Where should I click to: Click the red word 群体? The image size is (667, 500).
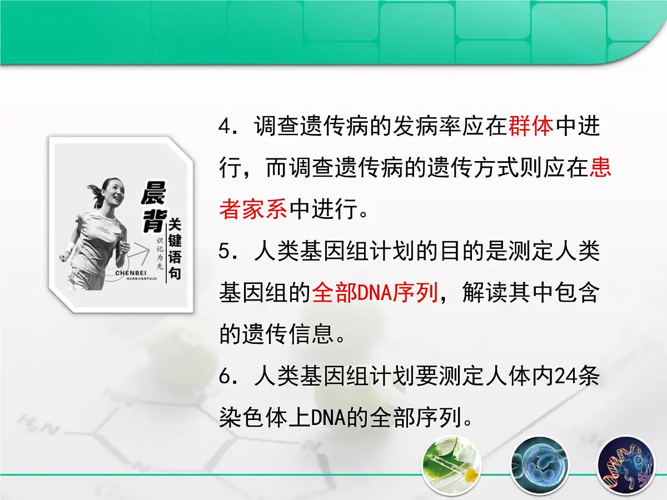(x=531, y=127)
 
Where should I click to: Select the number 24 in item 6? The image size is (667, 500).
(x=563, y=377)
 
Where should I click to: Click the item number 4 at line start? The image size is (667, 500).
(x=225, y=128)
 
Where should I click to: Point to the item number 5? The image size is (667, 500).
(x=225, y=253)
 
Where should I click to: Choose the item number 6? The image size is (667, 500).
(x=225, y=378)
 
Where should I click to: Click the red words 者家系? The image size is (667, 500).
(x=253, y=211)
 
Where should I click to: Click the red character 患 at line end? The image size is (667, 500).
(x=600, y=169)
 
